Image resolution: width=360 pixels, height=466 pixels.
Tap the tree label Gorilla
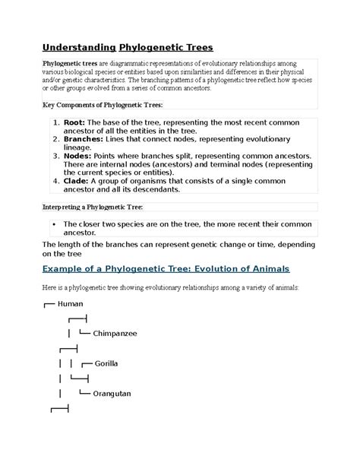[106, 363]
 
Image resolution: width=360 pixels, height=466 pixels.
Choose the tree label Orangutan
[112, 393]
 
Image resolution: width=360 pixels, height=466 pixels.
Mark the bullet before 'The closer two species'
[55, 224]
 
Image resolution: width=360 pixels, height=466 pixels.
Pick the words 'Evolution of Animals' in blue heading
[242, 269]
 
